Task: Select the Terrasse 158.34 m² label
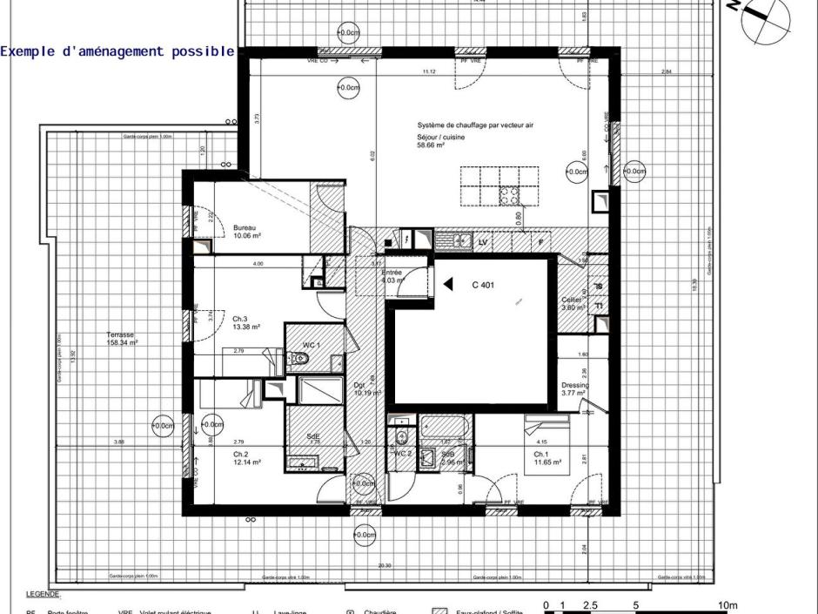pyautogui.click(x=122, y=339)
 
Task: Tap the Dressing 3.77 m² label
pyautogui.click(x=575, y=389)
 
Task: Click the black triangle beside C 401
pyautogui.click(x=448, y=284)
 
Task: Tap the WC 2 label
pyautogui.click(x=402, y=454)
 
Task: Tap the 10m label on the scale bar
pyautogui.click(x=727, y=605)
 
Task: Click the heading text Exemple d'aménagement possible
pyautogui.click(x=117, y=51)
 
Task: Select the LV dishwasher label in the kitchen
pyautogui.click(x=483, y=243)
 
